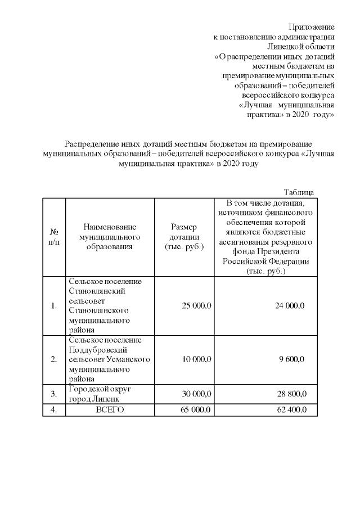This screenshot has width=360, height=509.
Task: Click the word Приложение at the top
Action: pyautogui.click(x=311, y=27)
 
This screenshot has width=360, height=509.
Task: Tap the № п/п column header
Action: pyautogui.click(x=54, y=236)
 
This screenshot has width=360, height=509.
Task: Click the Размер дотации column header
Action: pyautogui.click(x=183, y=236)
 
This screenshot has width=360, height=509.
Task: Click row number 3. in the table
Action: pyautogui.click(x=54, y=393)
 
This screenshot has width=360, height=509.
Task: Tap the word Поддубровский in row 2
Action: pyautogui.click(x=96, y=350)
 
